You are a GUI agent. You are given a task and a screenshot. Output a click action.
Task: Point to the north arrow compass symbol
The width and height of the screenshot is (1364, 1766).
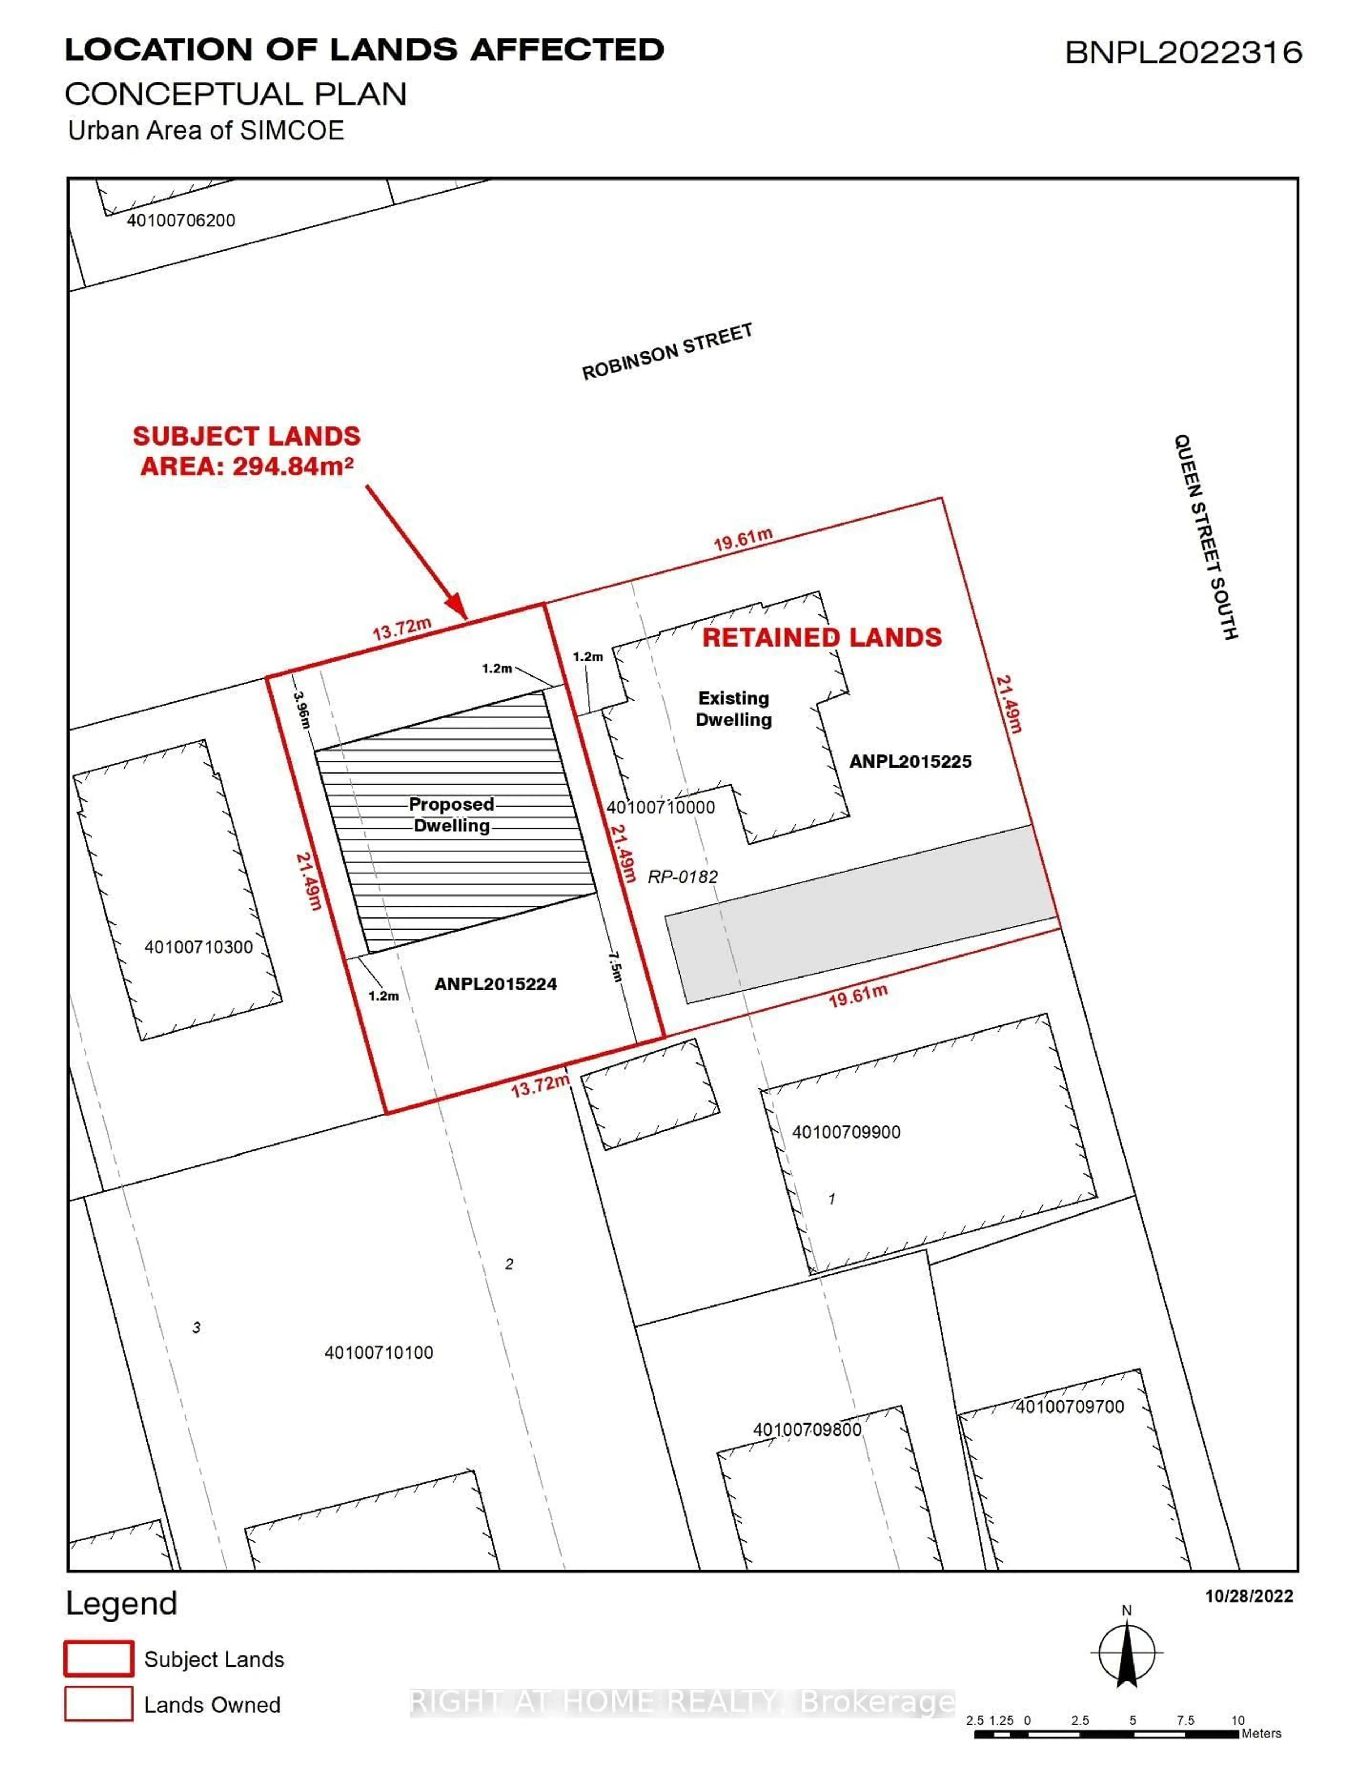click(1126, 1653)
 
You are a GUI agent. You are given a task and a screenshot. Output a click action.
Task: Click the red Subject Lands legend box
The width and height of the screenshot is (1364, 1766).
click(99, 1658)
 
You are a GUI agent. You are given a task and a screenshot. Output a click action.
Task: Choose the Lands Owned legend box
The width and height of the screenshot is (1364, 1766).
click(99, 1704)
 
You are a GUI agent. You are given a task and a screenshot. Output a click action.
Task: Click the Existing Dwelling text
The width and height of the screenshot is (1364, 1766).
click(734, 708)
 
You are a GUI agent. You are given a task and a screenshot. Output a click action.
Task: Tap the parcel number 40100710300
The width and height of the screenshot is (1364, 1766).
click(198, 947)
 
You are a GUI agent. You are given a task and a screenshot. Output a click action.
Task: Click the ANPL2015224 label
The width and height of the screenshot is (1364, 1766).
click(496, 984)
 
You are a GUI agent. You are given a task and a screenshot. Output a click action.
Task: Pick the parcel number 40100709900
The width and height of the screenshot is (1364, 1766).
click(846, 1132)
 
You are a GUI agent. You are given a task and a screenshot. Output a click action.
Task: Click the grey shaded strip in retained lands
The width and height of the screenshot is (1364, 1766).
click(861, 914)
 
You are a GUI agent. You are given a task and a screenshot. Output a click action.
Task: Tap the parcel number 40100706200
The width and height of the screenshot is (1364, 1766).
click(181, 220)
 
